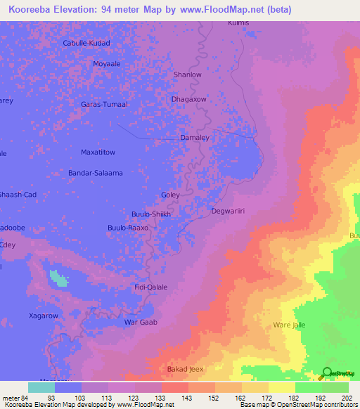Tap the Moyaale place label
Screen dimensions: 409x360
[108, 63]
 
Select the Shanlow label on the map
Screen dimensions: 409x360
[188, 74]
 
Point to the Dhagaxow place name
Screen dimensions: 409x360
[189, 99]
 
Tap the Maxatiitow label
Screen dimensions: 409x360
[103, 151]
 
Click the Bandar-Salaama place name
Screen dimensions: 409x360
[96, 172]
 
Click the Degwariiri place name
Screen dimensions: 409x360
[229, 210]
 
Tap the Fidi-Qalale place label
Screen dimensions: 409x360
[150, 287]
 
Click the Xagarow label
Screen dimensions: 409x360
[43, 316]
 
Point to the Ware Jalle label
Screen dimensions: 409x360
[291, 325]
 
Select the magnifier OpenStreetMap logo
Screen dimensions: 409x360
[327, 374]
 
